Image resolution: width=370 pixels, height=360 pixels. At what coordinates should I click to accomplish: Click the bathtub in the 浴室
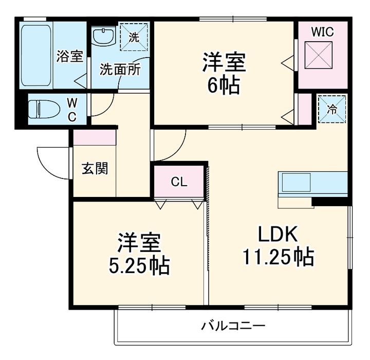36,56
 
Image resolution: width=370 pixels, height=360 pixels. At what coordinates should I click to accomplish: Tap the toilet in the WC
44,109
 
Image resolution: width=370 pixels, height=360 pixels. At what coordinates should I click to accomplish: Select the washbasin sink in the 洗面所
104,36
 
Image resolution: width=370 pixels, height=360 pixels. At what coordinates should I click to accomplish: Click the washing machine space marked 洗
134,37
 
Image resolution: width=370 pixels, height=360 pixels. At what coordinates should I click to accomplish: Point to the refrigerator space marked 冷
332,109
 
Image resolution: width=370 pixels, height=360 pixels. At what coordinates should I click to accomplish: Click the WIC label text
323,32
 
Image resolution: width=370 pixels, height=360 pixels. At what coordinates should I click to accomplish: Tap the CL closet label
179,182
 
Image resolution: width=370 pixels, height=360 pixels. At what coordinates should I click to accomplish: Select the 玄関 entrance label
95,168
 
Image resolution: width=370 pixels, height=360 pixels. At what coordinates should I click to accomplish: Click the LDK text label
277,234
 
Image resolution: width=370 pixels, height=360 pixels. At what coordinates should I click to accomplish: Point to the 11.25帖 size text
279,257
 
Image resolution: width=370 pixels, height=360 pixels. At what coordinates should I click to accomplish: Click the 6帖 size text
223,85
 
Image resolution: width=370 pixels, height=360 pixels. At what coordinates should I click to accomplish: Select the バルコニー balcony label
233,326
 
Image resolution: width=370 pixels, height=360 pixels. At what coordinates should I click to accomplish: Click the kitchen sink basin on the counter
296,183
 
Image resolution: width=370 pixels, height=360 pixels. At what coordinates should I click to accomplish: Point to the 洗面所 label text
120,69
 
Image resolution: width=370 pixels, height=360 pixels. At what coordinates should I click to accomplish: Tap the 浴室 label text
70,56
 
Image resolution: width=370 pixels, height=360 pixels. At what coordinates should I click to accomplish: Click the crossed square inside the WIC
319,55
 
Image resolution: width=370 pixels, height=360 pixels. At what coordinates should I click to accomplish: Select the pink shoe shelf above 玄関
95,137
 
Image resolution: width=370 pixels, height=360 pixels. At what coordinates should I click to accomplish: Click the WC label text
72,110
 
